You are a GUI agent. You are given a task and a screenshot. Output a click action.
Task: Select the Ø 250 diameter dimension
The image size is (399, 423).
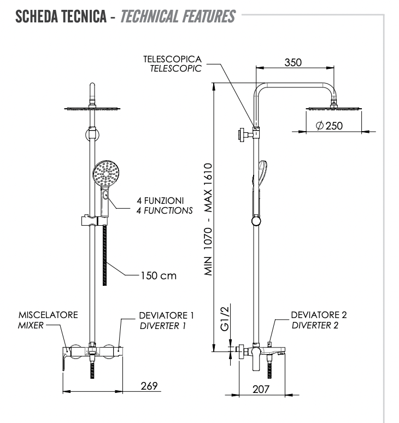tap(329, 126)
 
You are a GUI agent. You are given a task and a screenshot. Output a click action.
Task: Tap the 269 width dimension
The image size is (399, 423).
tap(147, 386)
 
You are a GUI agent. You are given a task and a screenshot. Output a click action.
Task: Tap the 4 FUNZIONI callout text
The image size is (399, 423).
tap(164, 200)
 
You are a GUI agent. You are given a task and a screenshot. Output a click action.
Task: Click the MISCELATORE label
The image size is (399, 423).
tap(48, 315)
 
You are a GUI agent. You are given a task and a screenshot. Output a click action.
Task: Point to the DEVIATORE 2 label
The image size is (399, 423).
tap(319, 315)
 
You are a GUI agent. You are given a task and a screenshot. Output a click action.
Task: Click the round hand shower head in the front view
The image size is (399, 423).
tap(105, 174)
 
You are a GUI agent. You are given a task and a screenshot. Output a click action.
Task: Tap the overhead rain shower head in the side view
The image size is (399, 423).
tap(334, 108)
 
